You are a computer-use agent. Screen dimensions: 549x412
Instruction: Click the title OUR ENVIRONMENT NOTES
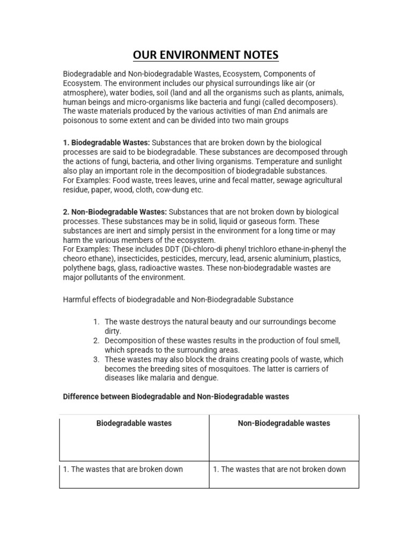pyautogui.click(x=205, y=55)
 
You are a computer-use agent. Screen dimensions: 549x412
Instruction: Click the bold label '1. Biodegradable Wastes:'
pyautogui.click(x=107, y=142)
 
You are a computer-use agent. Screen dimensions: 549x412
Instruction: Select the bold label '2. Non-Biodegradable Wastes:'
pyautogui.click(x=115, y=212)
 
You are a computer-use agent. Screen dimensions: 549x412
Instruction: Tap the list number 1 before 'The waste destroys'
pyautogui.click(x=96, y=322)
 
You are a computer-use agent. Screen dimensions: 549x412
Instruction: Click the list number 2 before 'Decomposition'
pyautogui.click(x=96, y=340)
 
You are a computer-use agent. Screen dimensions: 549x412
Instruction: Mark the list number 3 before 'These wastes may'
pyautogui.click(x=96, y=359)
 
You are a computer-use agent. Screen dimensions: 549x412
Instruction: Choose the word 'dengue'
pyautogui.click(x=207, y=378)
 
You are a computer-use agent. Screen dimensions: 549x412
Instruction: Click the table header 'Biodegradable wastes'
pyautogui.click(x=134, y=423)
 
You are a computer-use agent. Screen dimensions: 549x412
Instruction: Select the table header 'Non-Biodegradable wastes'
pyautogui.click(x=284, y=423)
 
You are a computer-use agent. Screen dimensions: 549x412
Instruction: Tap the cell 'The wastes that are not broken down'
pyautogui.click(x=279, y=469)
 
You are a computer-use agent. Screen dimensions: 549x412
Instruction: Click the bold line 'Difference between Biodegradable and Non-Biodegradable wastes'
pyautogui.click(x=176, y=397)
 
